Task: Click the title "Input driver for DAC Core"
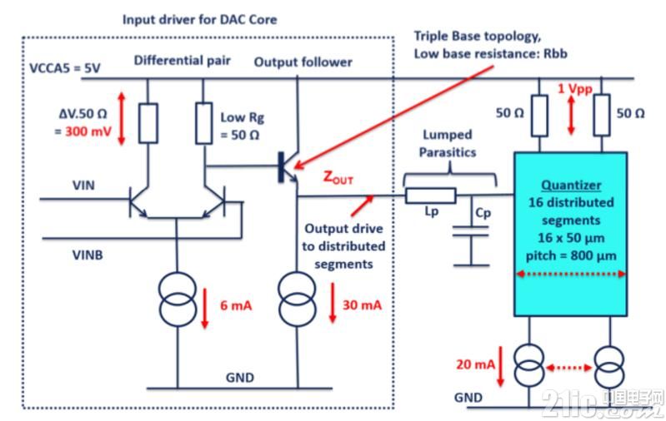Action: [199, 19]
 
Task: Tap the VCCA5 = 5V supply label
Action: [65, 68]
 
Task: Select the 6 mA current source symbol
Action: [178, 300]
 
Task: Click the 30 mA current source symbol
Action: [298, 300]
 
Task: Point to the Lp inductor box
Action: [431, 196]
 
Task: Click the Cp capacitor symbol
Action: [471, 231]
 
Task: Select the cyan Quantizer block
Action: [570, 234]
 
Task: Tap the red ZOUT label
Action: [338, 177]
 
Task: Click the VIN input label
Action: [83, 186]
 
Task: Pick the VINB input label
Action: [88, 255]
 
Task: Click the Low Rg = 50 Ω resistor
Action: [204, 123]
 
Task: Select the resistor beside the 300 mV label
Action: [148, 123]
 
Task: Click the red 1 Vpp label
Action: [574, 88]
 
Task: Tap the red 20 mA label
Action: [476, 364]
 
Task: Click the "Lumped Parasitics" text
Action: [448, 143]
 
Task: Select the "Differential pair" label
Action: [183, 61]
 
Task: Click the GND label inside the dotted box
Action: [240, 378]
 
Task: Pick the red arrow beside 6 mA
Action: [205, 308]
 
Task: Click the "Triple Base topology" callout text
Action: [478, 36]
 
